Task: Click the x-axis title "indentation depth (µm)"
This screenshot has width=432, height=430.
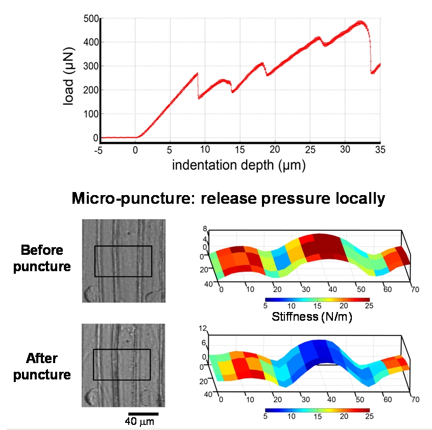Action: tap(239, 165)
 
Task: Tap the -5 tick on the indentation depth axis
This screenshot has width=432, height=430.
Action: tap(101, 150)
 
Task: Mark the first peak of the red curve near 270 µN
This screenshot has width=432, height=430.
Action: tap(197, 74)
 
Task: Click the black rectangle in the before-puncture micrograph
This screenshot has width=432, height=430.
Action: tap(123, 261)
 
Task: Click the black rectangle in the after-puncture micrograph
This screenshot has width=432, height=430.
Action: tap(122, 365)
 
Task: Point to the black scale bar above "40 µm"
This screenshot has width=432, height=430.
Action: tap(143, 414)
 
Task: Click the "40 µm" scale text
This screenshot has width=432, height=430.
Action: tap(139, 422)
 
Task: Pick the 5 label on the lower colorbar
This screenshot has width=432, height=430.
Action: tap(266, 416)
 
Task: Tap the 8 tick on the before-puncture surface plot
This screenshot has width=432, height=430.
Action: tap(205, 229)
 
